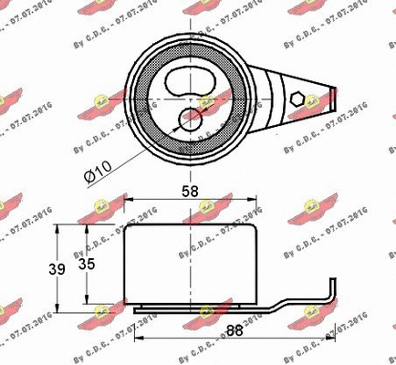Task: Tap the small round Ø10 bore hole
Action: [x=192, y=118]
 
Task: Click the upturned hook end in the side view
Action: [x=330, y=290]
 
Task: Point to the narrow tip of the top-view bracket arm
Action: [x=336, y=94]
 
